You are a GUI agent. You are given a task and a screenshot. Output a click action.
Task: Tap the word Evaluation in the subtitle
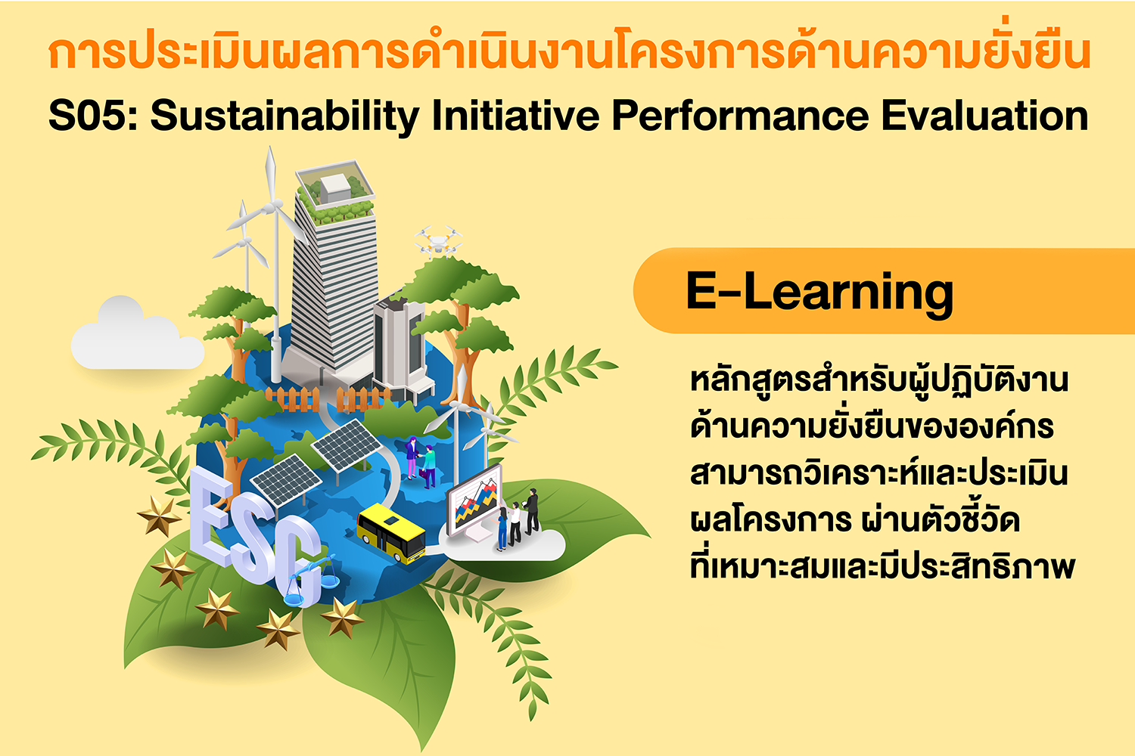point(984,116)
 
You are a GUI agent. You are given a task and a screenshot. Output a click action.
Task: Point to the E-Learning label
point(819,293)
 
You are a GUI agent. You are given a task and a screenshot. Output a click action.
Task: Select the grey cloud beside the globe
point(137,334)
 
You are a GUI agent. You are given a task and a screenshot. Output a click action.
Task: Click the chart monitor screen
point(475,500)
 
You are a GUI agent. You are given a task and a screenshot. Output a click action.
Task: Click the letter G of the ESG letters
point(299,562)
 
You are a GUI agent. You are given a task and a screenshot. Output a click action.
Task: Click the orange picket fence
point(327,398)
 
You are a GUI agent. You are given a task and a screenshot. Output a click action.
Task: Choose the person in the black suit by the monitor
point(531,511)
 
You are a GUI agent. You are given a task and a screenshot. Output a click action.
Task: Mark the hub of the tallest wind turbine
point(274,206)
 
